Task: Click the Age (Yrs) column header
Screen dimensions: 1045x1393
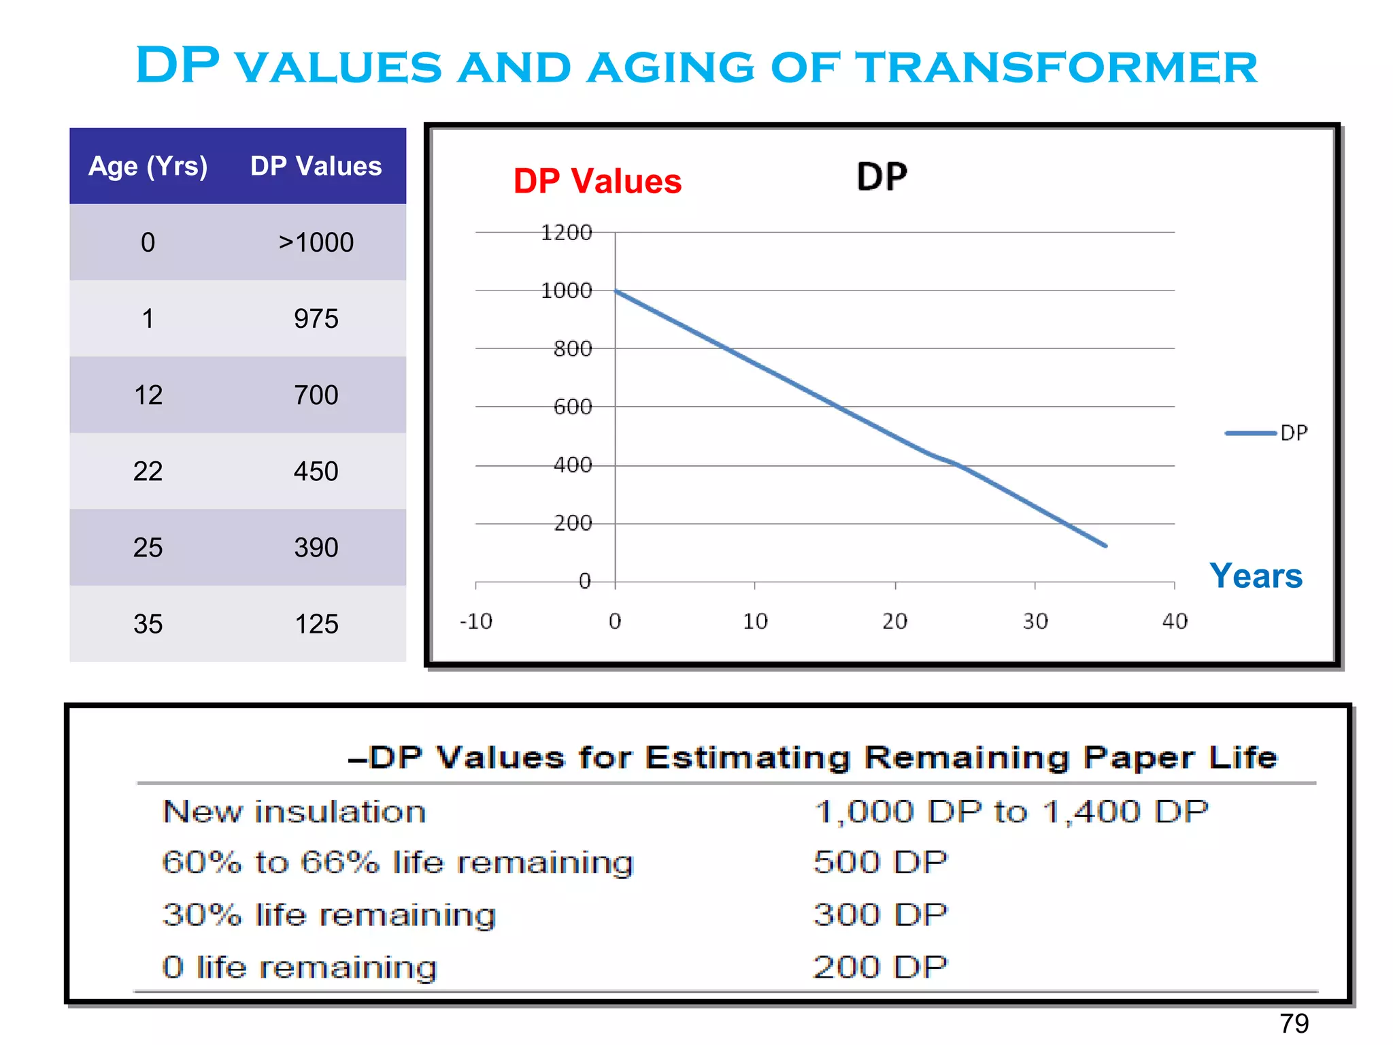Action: click(x=148, y=166)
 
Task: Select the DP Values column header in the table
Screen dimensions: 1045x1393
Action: click(x=316, y=166)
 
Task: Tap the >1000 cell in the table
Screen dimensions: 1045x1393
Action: click(x=316, y=242)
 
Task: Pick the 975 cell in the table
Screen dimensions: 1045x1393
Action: click(x=316, y=318)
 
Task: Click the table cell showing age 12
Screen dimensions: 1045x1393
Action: click(x=148, y=395)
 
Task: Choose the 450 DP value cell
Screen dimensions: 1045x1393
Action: click(x=316, y=471)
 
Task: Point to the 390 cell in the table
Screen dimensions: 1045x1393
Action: click(x=316, y=547)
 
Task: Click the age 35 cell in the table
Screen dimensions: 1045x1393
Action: click(x=148, y=623)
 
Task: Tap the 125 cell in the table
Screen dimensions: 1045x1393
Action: click(x=316, y=623)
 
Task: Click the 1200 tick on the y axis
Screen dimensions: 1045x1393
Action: click(x=566, y=233)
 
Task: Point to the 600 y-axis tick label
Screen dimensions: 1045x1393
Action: click(x=572, y=407)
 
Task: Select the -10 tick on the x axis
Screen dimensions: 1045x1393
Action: click(x=475, y=620)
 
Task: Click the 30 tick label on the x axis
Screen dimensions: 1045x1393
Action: click(x=1035, y=620)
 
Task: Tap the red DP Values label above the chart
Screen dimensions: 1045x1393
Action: click(x=597, y=182)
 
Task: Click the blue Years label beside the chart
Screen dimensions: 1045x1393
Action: click(x=1256, y=576)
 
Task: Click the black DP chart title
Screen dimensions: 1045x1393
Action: click(x=882, y=177)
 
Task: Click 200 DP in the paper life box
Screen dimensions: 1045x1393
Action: click(x=879, y=967)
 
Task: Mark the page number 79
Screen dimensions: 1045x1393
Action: click(x=1293, y=1023)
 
